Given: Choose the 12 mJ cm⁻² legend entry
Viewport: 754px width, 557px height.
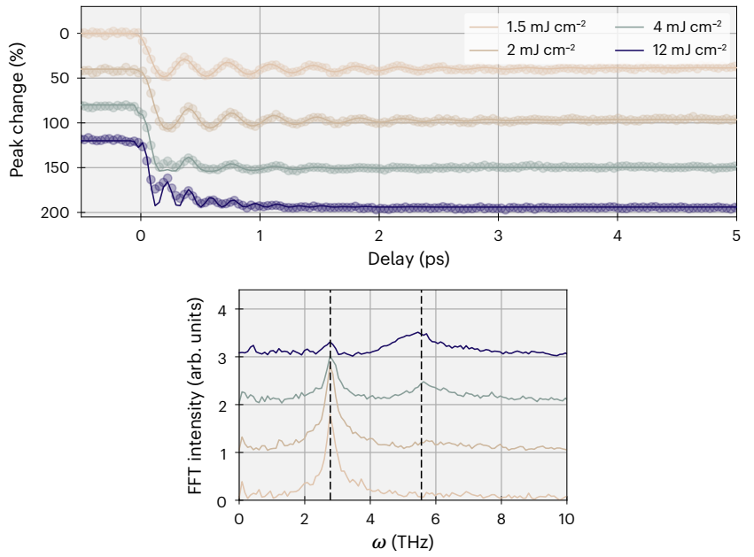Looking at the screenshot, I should click(x=665, y=47).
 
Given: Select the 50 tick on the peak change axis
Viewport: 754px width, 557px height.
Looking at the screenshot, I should click(x=60, y=78).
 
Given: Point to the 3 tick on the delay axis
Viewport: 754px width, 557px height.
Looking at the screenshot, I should click(x=498, y=236).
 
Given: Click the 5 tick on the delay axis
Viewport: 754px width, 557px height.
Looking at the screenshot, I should click(x=736, y=236).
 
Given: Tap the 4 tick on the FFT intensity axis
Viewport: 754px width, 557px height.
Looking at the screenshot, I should click(x=222, y=310).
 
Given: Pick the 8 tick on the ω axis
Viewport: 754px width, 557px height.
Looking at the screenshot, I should click(x=501, y=517).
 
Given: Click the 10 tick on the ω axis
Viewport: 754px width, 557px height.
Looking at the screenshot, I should click(x=566, y=517).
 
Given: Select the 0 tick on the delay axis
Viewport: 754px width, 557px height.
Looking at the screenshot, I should click(x=140, y=236).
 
